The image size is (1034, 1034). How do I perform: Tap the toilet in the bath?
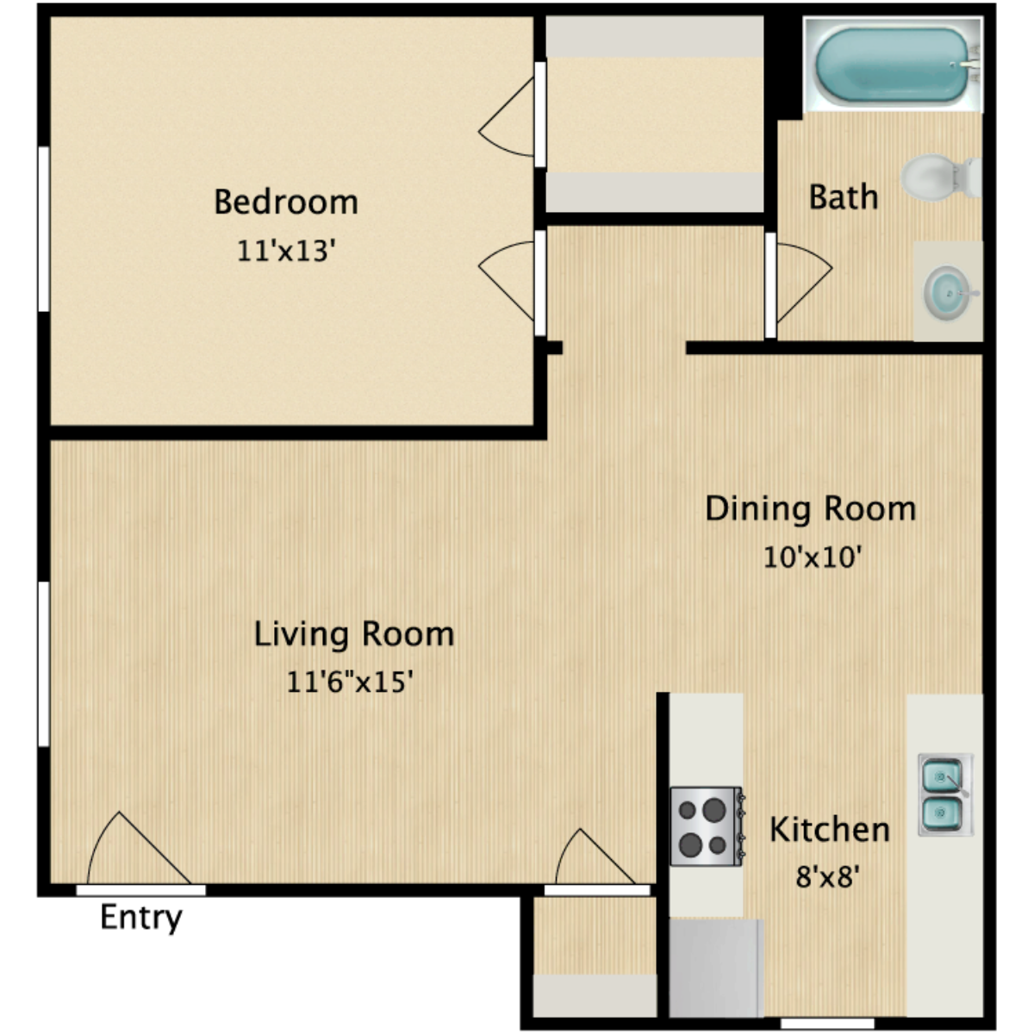click(939, 177)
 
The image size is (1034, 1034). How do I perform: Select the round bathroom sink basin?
click(949, 292)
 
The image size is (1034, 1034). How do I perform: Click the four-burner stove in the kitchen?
click(706, 826)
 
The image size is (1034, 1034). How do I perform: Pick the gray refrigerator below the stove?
click(716, 967)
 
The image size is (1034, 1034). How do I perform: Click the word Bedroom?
click(285, 202)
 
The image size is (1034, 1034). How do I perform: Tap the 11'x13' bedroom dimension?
click(285, 251)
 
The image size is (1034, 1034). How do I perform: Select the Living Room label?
click(353, 634)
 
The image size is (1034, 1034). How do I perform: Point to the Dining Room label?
click(810, 508)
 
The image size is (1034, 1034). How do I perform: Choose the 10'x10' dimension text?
click(813, 557)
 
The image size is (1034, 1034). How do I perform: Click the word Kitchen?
click(829, 830)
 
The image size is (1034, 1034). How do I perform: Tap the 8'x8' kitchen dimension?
click(829, 877)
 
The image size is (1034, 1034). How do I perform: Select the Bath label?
click(843, 197)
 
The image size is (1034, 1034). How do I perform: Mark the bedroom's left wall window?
click(43, 228)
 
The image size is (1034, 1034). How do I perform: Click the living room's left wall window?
click(43, 663)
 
